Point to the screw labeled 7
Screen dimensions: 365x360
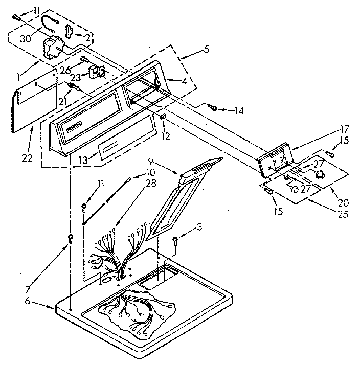click(x=71, y=238)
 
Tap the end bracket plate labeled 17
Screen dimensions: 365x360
click(x=274, y=158)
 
